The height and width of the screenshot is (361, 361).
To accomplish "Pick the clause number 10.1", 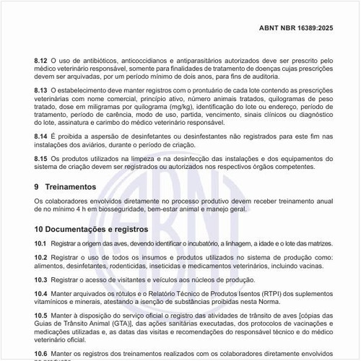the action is click(40, 245).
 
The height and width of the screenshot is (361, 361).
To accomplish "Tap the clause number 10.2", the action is click(40, 258).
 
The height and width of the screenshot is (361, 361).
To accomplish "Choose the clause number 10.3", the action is click(40, 279).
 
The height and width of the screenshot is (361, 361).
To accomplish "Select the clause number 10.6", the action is click(40, 354).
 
